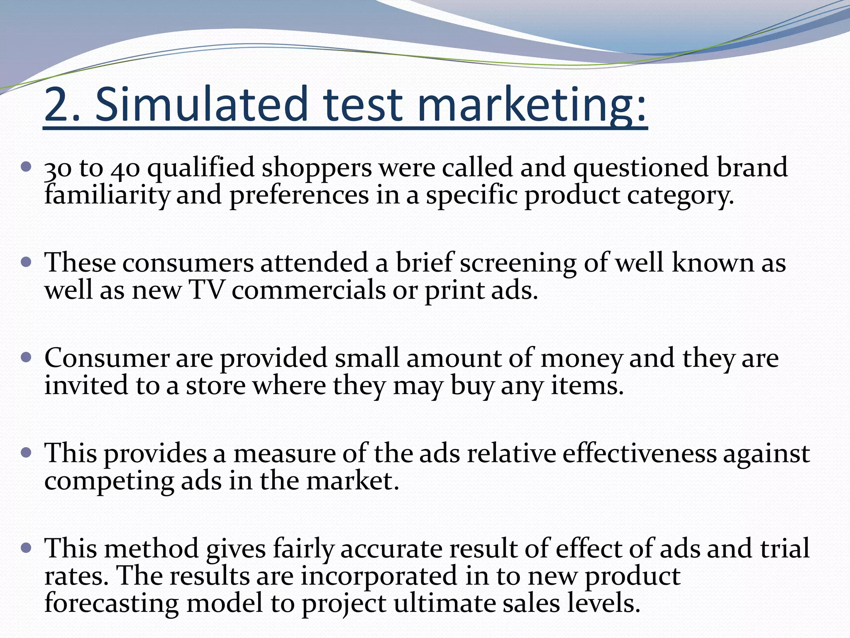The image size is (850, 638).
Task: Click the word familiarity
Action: [x=107, y=195]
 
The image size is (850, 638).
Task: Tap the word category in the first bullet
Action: [x=679, y=196]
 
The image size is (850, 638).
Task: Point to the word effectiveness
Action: [x=639, y=453]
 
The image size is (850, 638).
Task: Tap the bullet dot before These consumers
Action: [x=26, y=263]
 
